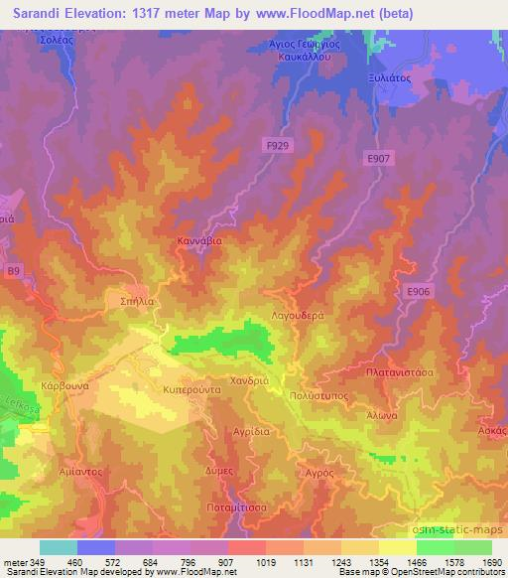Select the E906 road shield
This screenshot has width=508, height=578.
point(418,291)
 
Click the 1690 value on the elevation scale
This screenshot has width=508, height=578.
point(491,561)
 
